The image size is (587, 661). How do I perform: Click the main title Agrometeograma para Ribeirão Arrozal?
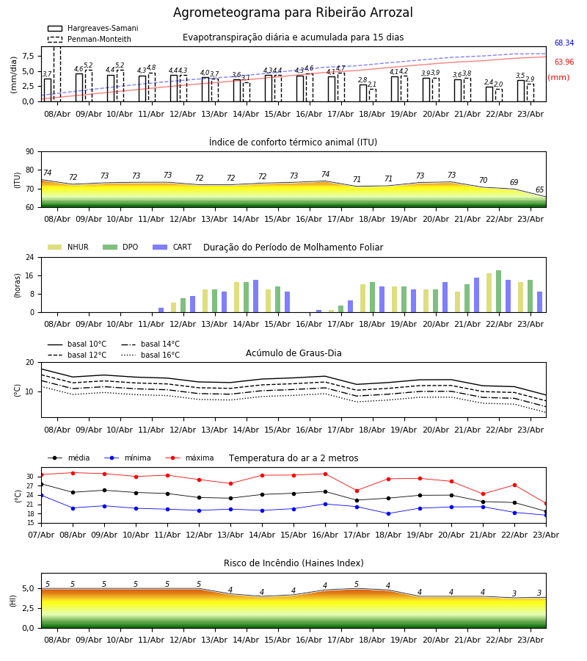pos(293,12)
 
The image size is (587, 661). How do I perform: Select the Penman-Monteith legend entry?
pos(90,39)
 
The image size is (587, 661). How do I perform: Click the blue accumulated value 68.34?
pos(564,43)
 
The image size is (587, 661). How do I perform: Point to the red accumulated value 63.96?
pos(564,62)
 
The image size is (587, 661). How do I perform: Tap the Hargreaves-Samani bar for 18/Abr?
pos(363,93)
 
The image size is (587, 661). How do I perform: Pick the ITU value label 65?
pos(539,189)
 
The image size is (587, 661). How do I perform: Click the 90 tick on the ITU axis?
pos(30,152)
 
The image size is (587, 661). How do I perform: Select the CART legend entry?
pos(172,247)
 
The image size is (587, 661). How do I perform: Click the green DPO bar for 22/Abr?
pos(498,292)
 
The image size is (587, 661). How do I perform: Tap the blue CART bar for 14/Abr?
pos(255,296)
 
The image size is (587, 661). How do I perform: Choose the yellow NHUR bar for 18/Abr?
pos(363,298)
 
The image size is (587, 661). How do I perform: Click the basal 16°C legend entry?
pos(150,355)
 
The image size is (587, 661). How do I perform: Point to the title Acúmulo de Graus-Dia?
pos(293,353)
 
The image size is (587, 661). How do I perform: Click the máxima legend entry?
pos(190,458)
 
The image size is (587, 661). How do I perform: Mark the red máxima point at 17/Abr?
pos(357,491)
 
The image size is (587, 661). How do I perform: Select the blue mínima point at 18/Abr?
pos(389,513)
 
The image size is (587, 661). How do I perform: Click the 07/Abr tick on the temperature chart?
pos(41,535)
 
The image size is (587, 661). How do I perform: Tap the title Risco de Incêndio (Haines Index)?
pos(293,563)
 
